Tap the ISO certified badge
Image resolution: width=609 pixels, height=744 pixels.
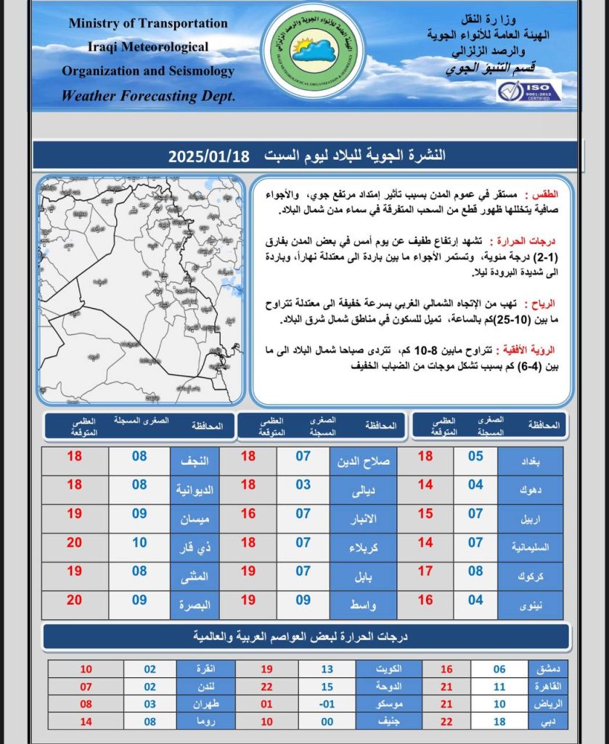tap(528, 92)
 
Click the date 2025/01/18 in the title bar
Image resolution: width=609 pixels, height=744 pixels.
tap(209, 156)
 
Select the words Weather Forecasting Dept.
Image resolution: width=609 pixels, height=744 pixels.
tap(148, 96)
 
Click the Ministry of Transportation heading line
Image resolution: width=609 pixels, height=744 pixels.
tap(148, 23)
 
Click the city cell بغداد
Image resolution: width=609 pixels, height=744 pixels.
tap(531, 461)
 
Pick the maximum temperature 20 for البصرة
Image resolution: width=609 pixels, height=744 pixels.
tap(75, 600)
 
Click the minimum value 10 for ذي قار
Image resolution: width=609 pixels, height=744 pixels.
tap(139, 543)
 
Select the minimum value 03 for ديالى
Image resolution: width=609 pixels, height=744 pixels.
tap(303, 485)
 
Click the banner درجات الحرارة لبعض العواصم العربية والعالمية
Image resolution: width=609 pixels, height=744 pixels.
tap(304, 636)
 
